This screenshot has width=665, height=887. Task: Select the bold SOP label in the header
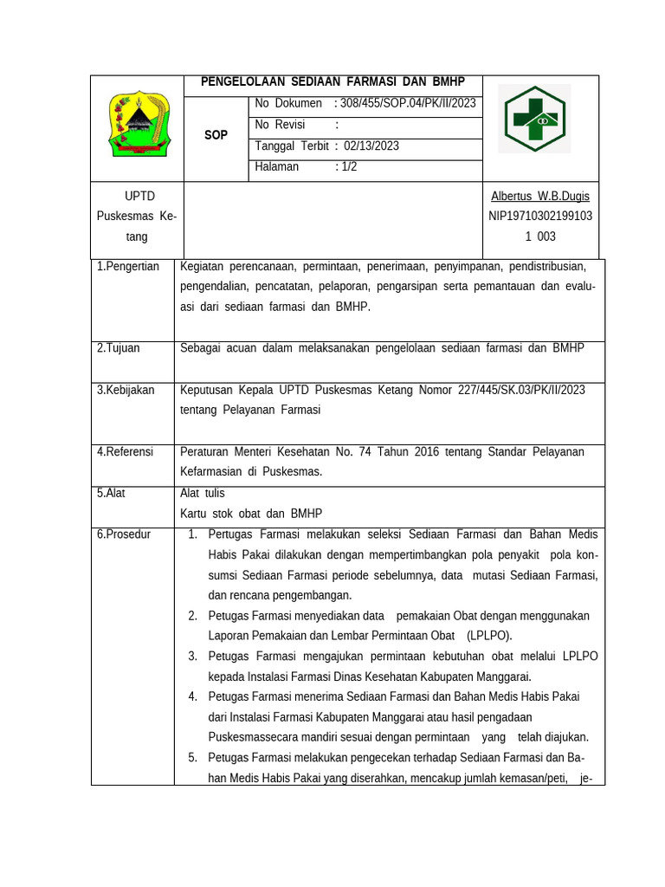[x=216, y=135]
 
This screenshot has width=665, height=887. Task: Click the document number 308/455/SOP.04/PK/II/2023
[x=408, y=104]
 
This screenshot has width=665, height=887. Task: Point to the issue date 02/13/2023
[x=371, y=146]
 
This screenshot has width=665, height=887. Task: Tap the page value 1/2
[x=349, y=167]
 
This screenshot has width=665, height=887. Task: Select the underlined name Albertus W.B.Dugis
[x=539, y=197]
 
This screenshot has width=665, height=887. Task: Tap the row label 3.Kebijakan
[x=126, y=391]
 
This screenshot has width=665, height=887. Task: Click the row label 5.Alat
[x=111, y=493]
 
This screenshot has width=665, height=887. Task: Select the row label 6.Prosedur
[x=123, y=534]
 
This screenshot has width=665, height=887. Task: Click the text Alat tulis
[x=202, y=493]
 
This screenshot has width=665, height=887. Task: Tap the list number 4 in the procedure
[x=191, y=696]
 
